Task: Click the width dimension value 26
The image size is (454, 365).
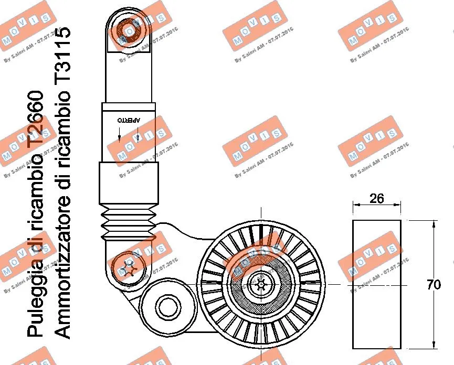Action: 377,198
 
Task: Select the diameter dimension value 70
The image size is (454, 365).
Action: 433,285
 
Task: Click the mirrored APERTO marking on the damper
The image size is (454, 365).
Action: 129,120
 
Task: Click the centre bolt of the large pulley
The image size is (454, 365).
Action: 261,284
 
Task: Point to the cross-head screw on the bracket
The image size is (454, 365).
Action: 128,269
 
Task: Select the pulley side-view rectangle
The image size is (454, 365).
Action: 377,285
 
